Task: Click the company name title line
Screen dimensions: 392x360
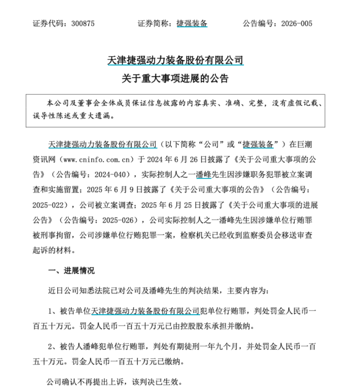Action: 176,60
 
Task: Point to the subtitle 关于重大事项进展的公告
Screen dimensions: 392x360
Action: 176,79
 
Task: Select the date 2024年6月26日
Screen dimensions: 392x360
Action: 167,159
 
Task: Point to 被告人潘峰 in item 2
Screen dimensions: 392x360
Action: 80,347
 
